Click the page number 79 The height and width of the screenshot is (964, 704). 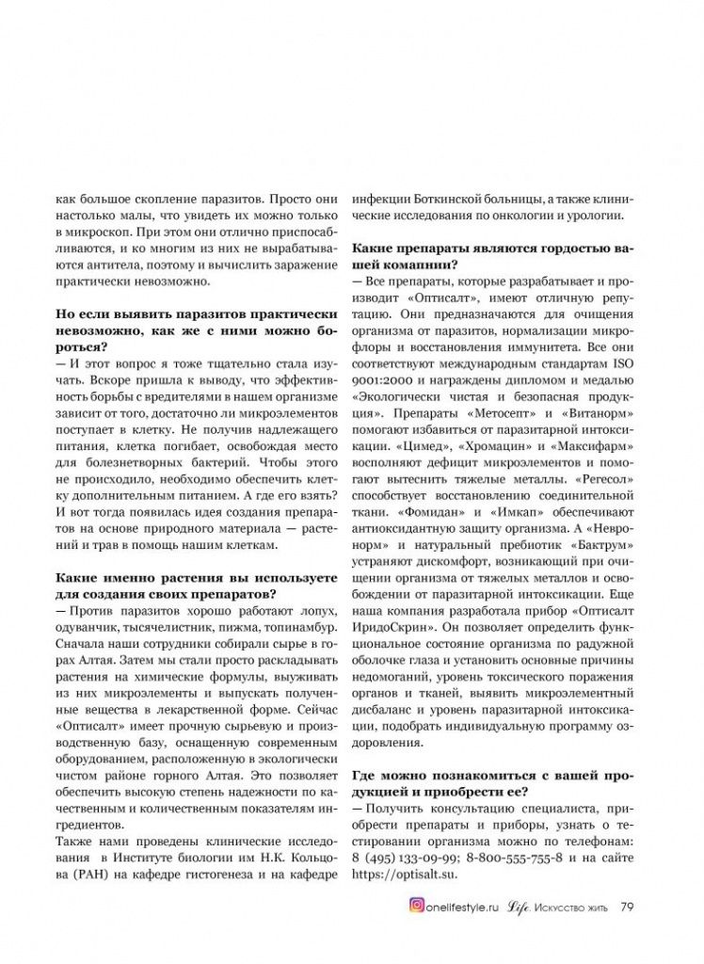click(x=627, y=908)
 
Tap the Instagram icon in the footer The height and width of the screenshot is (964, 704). click(x=415, y=908)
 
